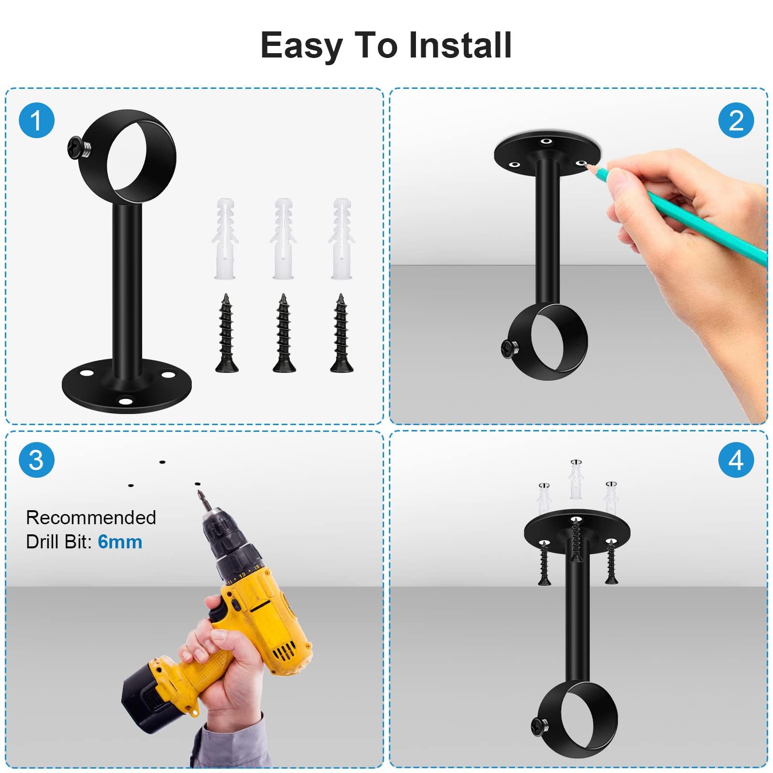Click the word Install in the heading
click(460, 45)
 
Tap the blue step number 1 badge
click(37, 120)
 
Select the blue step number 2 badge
click(736, 120)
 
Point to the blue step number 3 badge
click(37, 459)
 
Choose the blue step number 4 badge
click(736, 459)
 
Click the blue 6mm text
click(120, 542)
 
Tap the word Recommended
click(91, 517)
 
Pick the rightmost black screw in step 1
click(341, 333)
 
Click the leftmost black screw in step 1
click(226, 333)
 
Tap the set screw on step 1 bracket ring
click(77, 147)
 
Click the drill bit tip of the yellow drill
click(199, 492)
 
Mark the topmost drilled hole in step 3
click(162, 462)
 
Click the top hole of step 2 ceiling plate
click(546, 141)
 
